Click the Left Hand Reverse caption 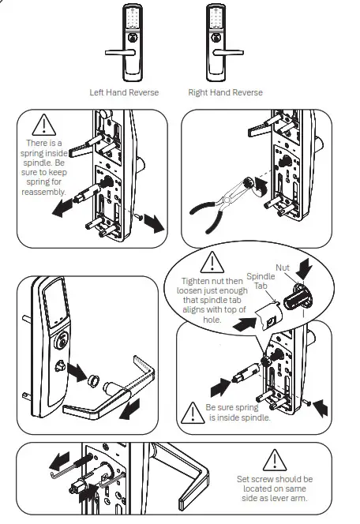pos(124,92)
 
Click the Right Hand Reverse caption pos(225,92)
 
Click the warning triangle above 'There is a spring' pos(44,125)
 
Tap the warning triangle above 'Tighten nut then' pos(211,262)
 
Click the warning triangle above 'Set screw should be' pos(274,459)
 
